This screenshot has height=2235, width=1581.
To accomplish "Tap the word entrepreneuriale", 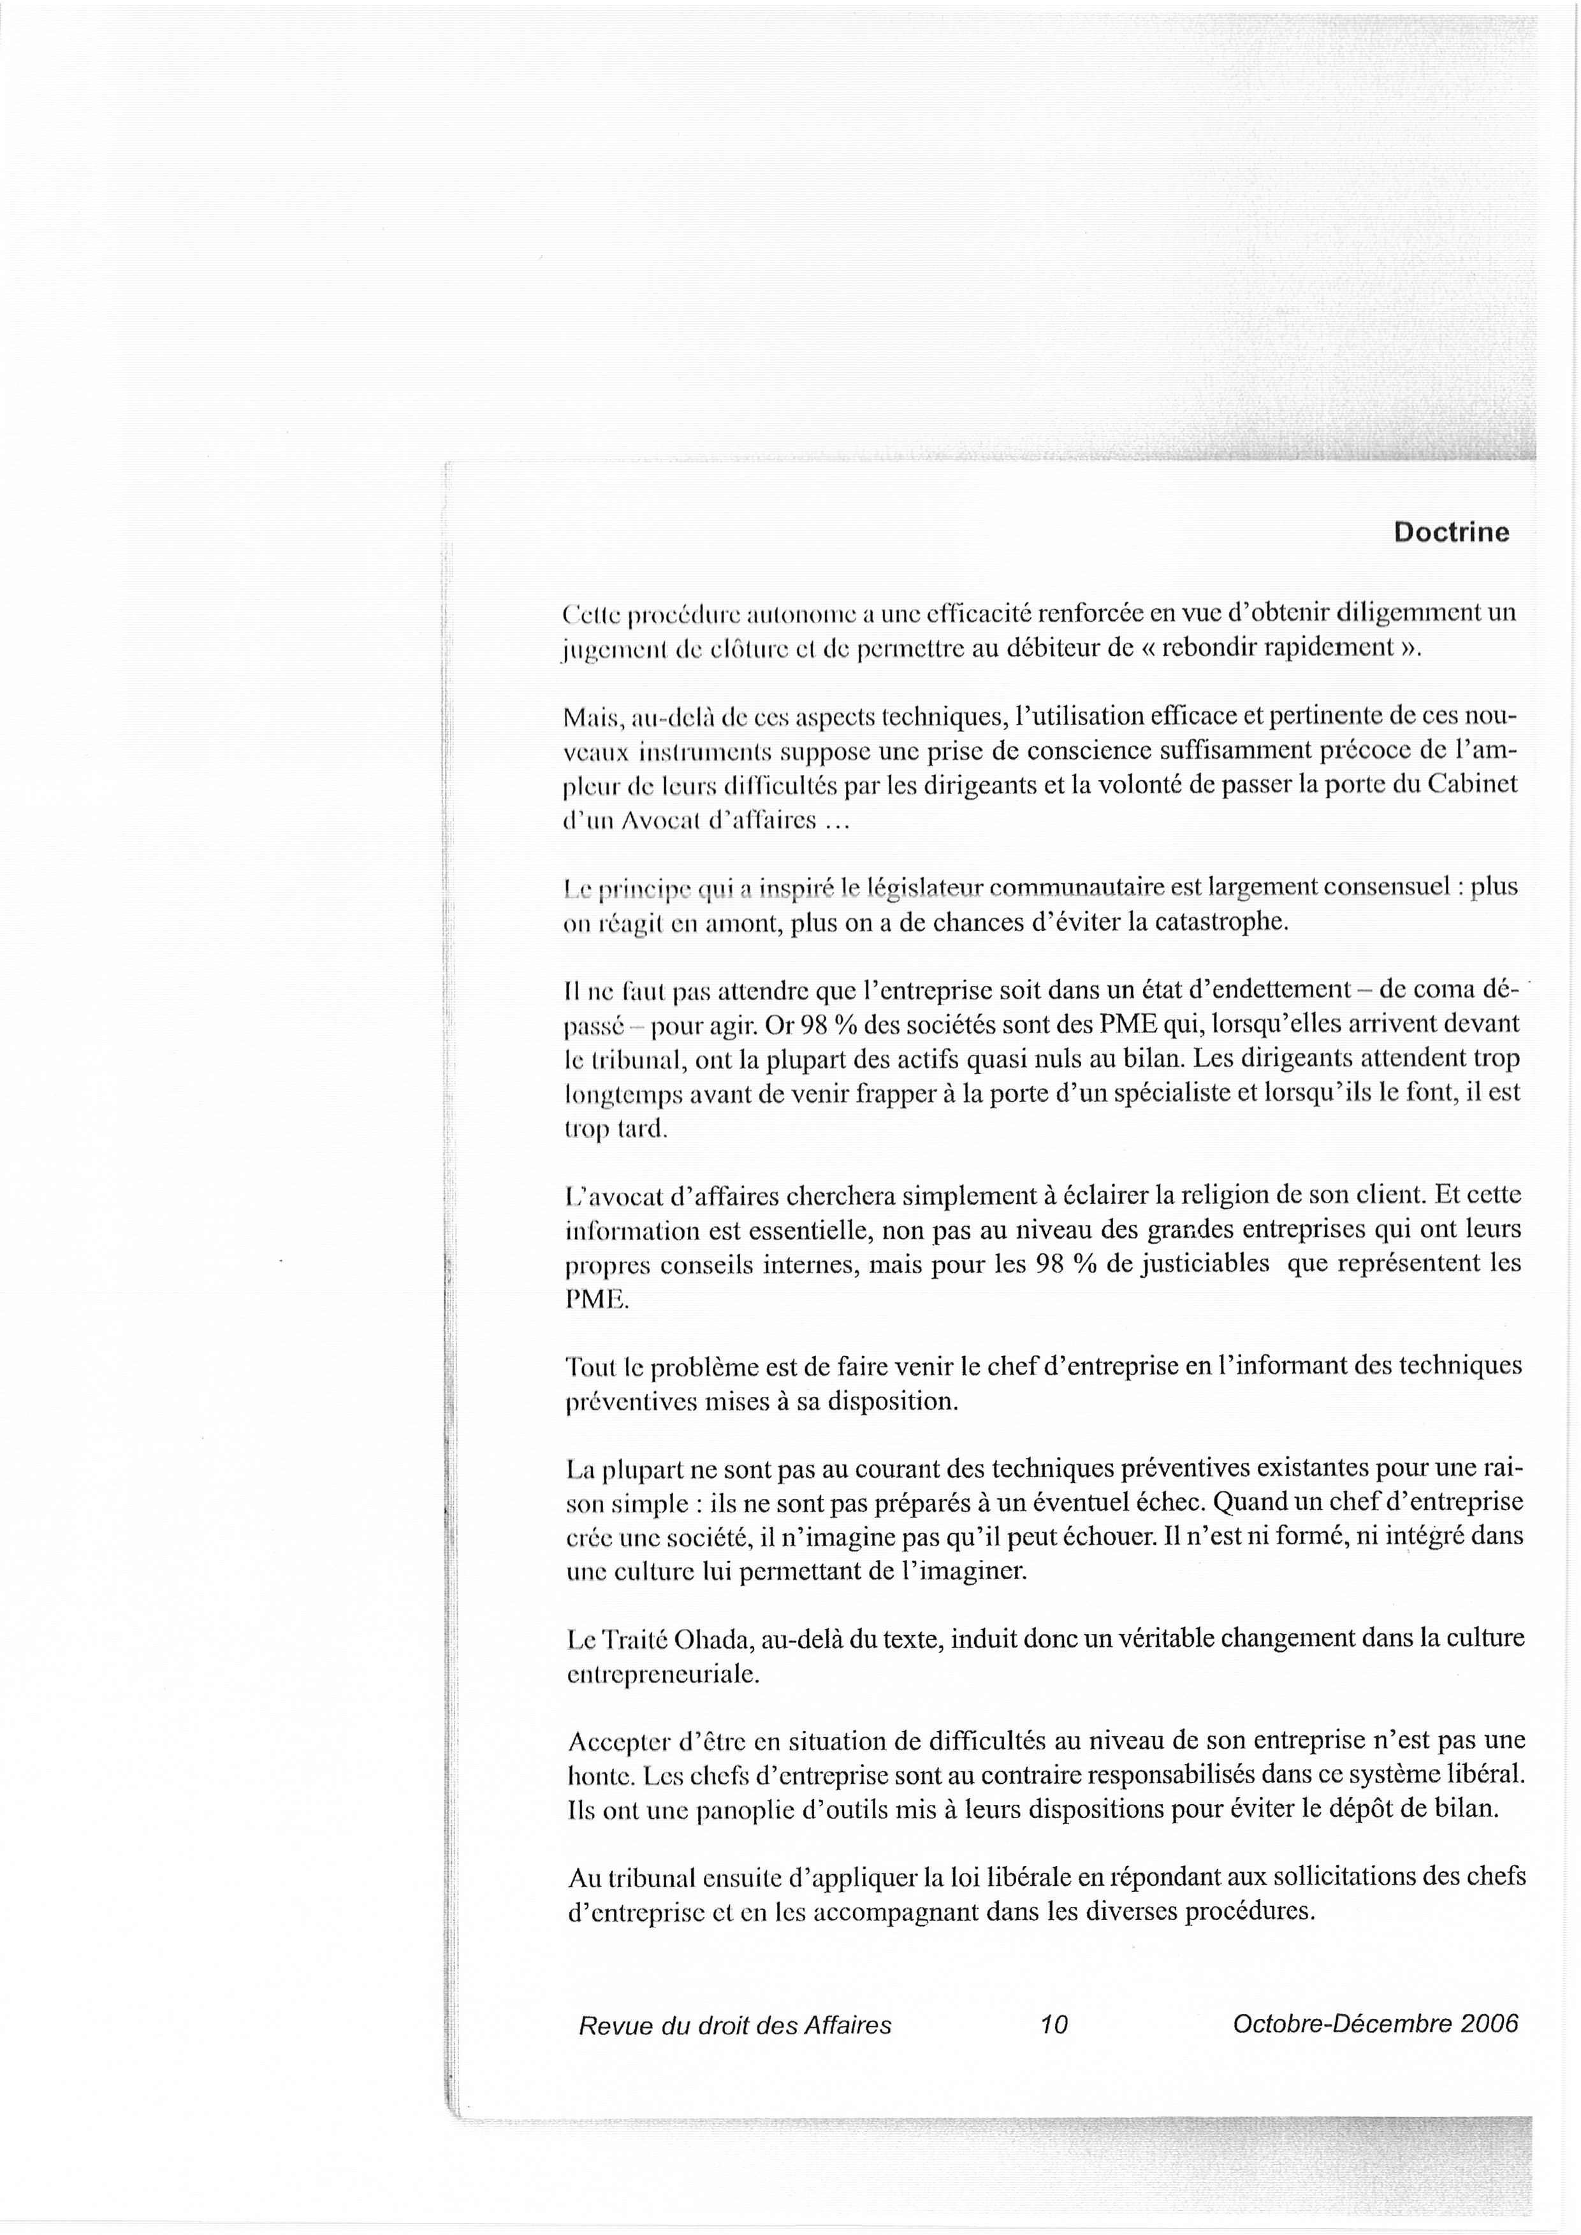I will click(662, 1674).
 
